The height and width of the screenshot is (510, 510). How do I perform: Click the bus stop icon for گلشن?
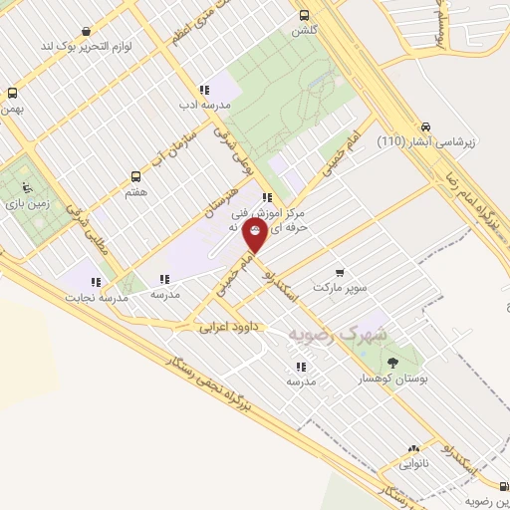pos(305,15)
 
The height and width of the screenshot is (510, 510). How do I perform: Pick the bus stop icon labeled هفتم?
pos(135,176)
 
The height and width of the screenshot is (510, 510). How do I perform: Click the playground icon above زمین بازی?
pos(29,186)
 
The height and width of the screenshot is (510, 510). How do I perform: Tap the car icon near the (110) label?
pos(426,127)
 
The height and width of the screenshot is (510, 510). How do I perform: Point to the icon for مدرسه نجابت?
pos(97,282)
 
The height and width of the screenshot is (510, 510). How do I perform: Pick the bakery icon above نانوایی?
pos(413,449)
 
